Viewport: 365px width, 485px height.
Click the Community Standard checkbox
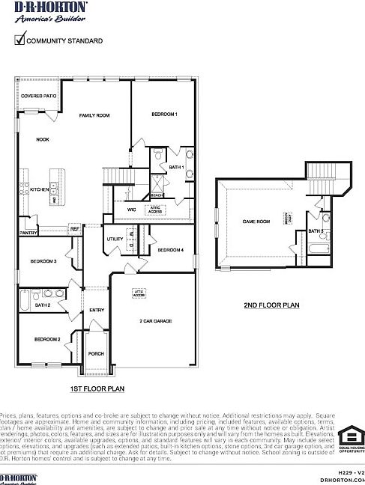pos(19,41)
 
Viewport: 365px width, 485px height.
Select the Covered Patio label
pos(39,97)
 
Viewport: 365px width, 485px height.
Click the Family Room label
pos(95,115)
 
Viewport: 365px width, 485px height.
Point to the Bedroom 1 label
pos(164,115)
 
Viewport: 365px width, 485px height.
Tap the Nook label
pos(43,139)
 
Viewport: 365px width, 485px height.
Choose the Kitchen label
pos(39,189)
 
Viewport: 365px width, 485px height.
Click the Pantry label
pos(29,234)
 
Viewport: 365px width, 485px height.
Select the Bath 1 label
pos(176,167)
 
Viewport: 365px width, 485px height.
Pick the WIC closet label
pos(131,210)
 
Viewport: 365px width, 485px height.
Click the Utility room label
pos(115,240)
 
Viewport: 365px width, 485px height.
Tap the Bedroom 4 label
pos(171,250)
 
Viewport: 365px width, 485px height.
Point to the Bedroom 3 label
pos(43,261)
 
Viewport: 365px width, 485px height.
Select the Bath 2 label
pos(43,305)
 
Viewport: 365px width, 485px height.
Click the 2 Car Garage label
pos(156,320)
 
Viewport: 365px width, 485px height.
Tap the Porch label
pos(96,354)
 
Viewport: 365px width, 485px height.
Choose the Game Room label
pos(256,222)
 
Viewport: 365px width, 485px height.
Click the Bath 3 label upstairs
pos(316,231)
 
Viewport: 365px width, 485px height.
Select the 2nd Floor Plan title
pos(271,305)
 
